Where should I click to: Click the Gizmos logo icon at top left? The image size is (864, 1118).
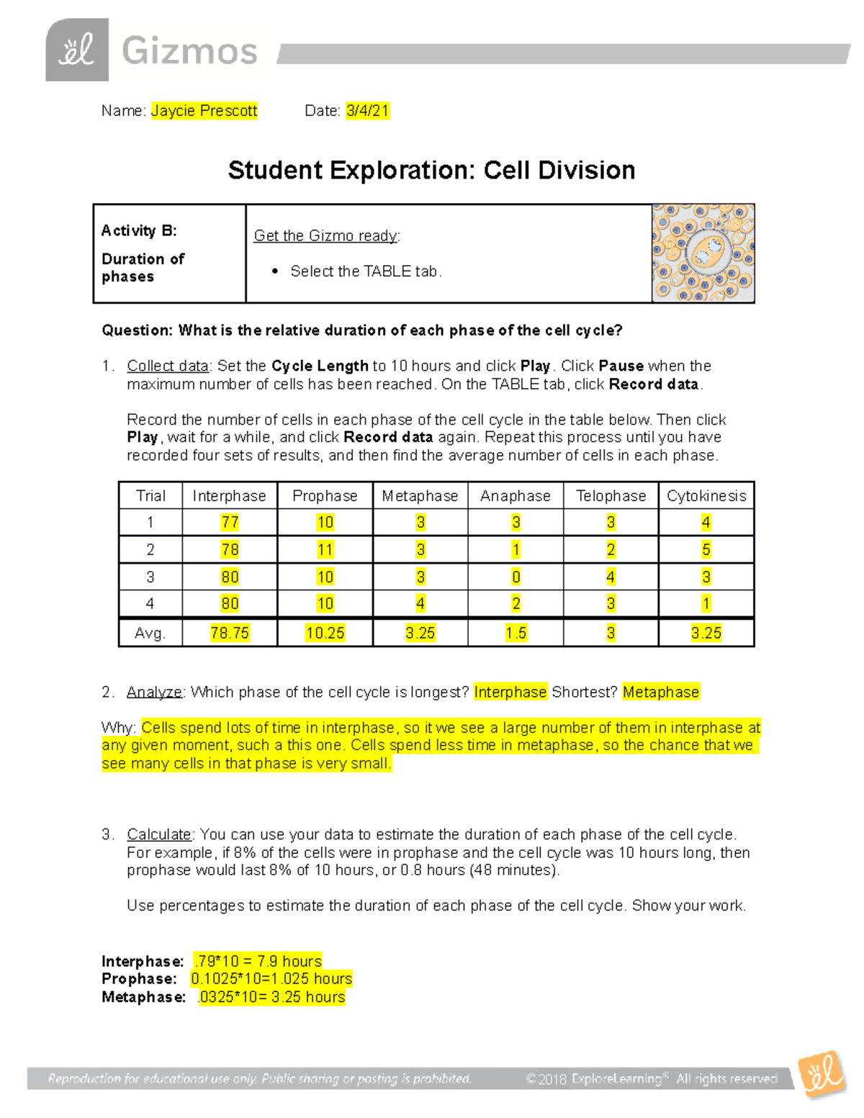77,50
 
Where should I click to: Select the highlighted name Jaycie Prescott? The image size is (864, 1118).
204,111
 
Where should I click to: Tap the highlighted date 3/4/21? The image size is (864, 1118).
367,111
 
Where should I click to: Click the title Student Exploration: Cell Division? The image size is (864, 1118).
431,171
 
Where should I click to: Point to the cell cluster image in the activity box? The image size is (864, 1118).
703,253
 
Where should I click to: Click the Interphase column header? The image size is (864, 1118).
229,496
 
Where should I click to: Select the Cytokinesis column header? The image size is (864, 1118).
706,496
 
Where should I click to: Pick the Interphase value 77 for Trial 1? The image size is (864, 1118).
230,523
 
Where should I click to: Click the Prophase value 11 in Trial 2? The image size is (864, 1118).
325,550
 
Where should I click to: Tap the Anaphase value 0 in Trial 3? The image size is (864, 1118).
516,577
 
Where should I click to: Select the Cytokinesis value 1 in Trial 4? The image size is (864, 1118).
706,604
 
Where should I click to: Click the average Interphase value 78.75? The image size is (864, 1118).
230,633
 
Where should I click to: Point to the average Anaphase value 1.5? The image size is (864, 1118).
516,633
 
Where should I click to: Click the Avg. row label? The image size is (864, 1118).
150,633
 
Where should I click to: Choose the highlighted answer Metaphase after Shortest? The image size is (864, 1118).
660,692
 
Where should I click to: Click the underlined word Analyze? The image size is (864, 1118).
155,692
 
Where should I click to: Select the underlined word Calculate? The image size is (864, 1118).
159,834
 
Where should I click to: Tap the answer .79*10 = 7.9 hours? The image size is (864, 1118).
258,961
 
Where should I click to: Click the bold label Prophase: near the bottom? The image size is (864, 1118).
139,979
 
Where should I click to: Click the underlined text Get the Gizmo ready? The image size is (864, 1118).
326,235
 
